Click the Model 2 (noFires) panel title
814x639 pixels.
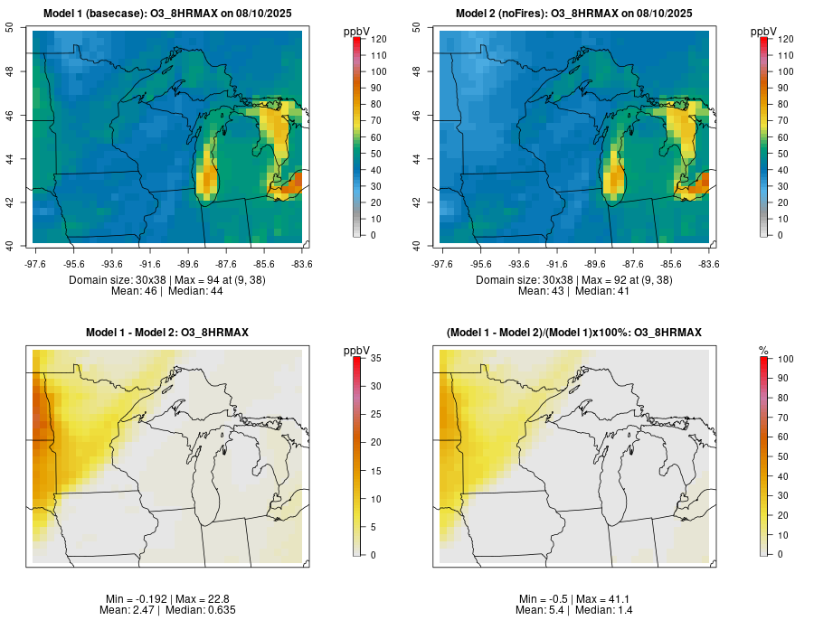point(574,14)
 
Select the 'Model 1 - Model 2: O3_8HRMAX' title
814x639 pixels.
point(167,334)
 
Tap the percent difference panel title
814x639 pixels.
point(574,334)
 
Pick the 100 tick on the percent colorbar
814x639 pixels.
point(785,359)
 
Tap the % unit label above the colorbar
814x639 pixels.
point(763,350)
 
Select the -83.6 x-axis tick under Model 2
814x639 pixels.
point(708,264)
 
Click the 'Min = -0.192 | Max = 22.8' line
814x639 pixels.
point(167,599)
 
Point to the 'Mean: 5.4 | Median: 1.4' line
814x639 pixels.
point(574,610)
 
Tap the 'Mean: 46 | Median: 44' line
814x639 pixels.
point(167,291)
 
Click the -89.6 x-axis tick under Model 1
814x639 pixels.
point(188,264)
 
